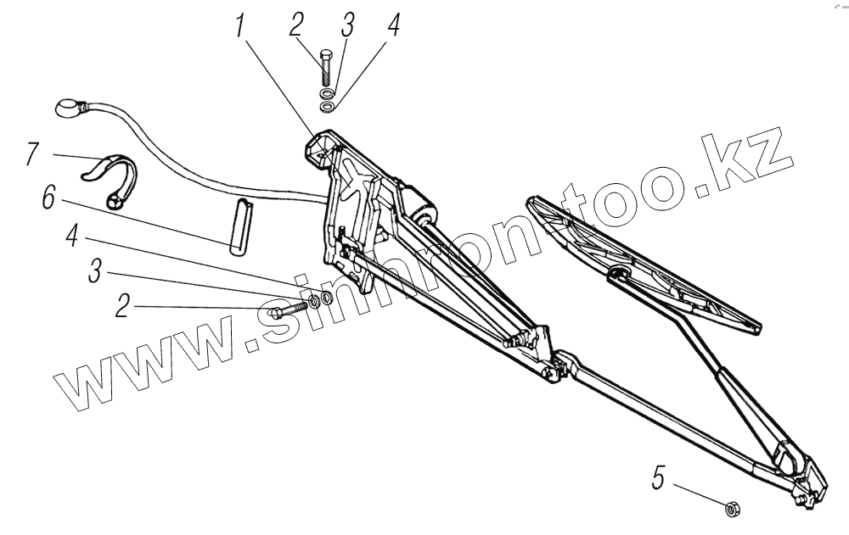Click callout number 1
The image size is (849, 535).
point(241,27)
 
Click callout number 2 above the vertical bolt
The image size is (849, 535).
point(295,25)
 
